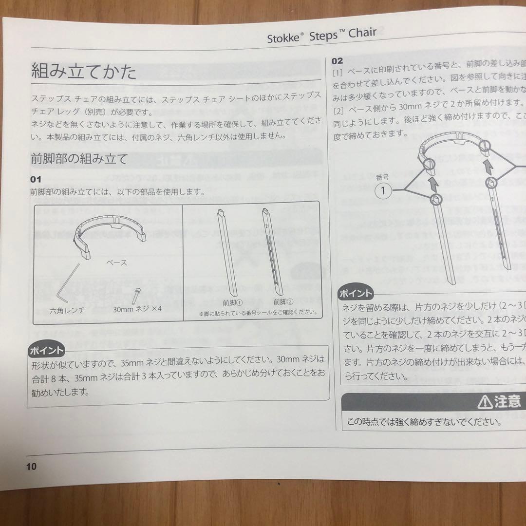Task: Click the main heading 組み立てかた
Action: [x=84, y=72]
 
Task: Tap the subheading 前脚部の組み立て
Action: [x=78, y=159]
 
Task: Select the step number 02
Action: [x=338, y=61]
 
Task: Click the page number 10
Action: [x=31, y=466]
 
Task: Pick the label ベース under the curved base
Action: [x=116, y=263]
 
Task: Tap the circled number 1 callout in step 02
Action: [x=383, y=190]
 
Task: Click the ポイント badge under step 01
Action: [x=47, y=350]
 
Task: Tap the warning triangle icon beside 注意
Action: [x=485, y=401]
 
